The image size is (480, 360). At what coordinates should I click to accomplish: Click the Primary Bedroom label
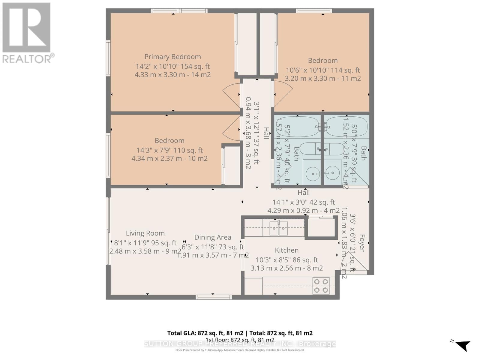(172, 57)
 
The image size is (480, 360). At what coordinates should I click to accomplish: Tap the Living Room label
(145, 233)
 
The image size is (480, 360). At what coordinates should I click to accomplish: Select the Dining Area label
(213, 237)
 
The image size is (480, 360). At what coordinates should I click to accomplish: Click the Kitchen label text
(286, 250)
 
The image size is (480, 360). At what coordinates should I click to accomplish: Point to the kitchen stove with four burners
(321, 286)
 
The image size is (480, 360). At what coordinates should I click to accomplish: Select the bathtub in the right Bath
(346, 127)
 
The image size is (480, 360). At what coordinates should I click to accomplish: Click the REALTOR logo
(27, 33)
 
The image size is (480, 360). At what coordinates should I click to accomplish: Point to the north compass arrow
(463, 345)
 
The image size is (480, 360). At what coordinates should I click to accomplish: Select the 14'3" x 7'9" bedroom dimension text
(169, 150)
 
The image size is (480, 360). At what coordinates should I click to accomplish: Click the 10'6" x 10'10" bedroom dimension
(322, 70)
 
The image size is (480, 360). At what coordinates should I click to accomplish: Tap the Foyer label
(362, 243)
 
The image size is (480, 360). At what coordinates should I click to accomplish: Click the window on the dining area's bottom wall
(214, 297)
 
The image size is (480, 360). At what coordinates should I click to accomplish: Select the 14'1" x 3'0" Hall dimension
(303, 202)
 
